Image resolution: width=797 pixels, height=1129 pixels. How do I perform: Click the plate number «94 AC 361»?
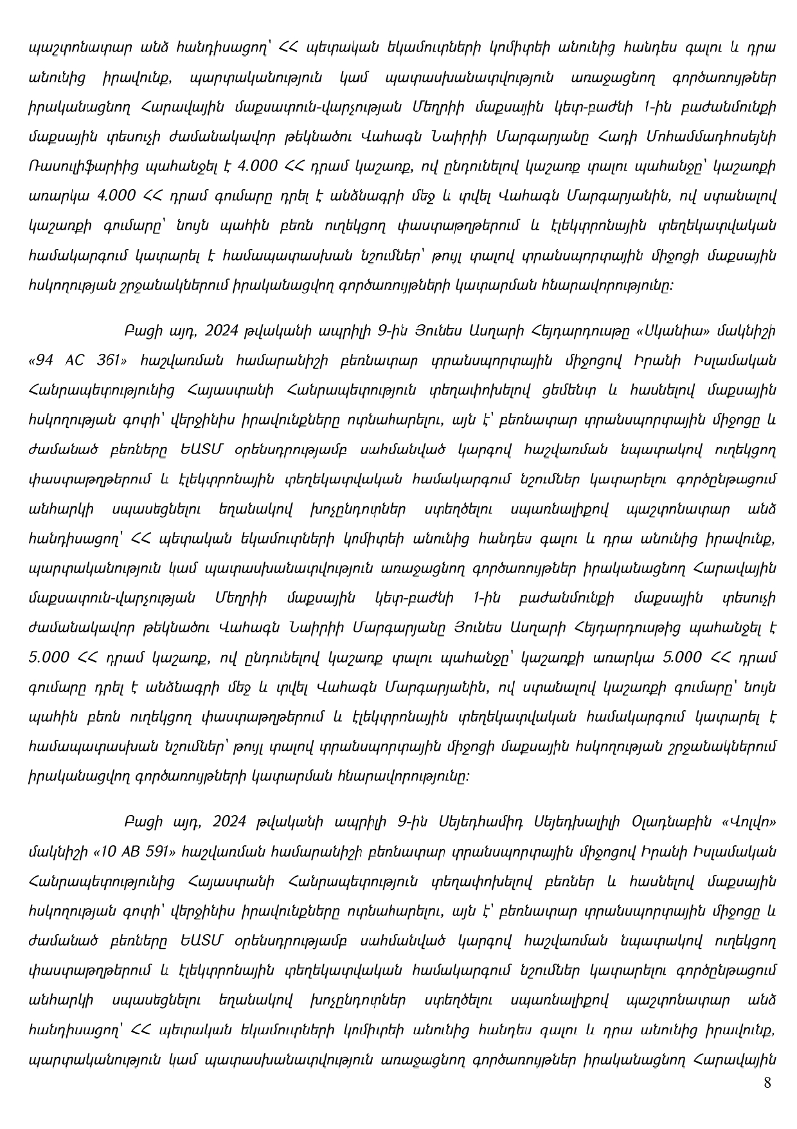click(x=76, y=361)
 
